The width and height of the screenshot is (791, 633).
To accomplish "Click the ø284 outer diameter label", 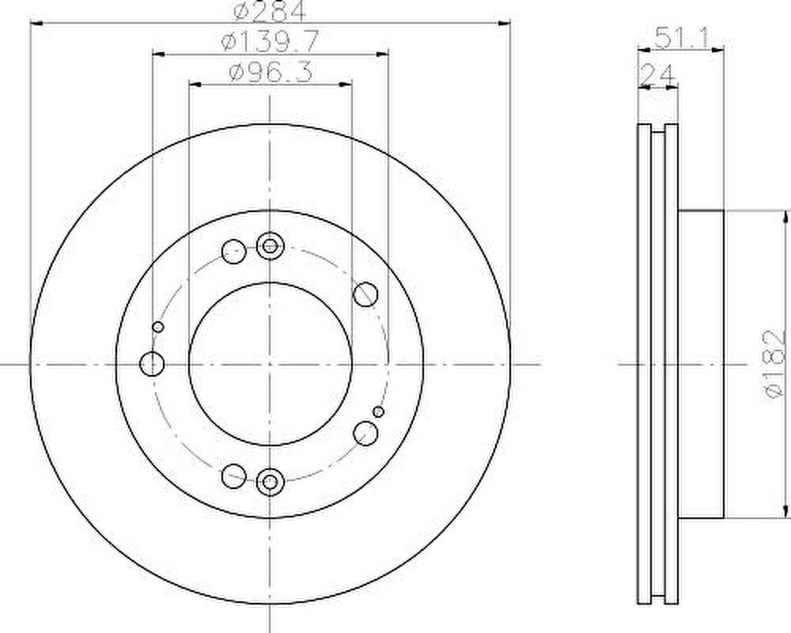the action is pos(270,10).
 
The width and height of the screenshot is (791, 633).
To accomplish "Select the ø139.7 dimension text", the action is pos(270,40).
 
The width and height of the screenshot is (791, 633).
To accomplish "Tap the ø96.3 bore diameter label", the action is pos(271,72).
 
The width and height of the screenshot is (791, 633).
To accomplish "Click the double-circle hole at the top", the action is pos(271,246).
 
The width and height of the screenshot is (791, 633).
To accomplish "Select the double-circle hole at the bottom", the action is pos(271,482).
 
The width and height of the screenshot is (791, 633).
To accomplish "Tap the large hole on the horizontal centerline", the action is pos(152,363).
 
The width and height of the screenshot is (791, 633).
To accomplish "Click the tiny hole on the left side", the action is pos(158,327).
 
